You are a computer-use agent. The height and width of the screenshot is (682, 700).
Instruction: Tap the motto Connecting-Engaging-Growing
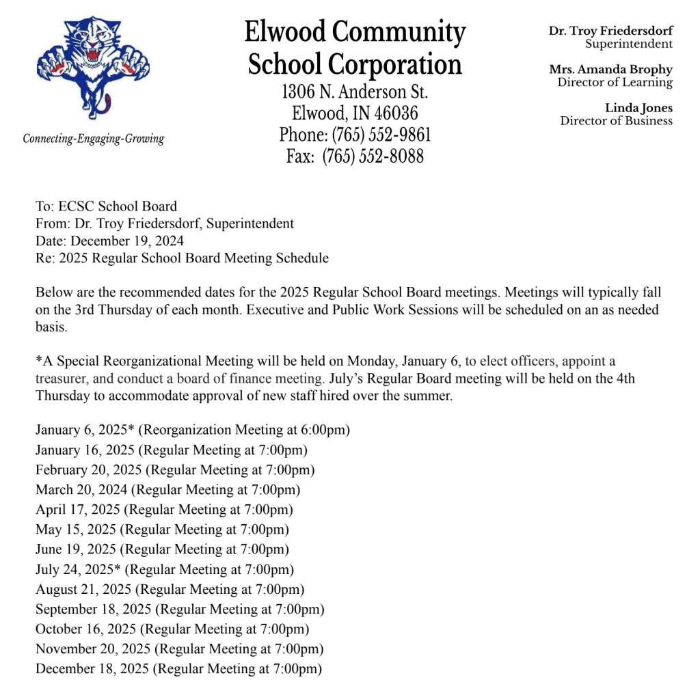click(94, 139)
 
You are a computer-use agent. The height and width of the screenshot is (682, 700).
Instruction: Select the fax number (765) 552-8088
click(373, 156)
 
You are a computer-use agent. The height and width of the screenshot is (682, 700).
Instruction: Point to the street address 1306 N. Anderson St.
click(355, 92)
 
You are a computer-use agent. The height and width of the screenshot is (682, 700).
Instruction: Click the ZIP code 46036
click(394, 113)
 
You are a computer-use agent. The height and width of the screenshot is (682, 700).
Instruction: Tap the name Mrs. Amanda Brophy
click(610, 70)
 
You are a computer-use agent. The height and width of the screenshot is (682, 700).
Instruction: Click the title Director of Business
click(616, 121)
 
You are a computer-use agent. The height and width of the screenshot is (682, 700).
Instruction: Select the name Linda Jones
click(638, 108)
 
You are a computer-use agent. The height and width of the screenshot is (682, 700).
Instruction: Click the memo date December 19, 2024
click(127, 241)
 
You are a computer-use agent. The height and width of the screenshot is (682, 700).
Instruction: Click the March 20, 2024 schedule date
click(82, 490)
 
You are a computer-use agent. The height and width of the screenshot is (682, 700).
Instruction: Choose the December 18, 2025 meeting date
click(92, 668)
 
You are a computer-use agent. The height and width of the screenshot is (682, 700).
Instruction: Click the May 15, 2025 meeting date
click(76, 530)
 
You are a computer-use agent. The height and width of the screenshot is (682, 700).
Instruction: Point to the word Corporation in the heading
click(394, 66)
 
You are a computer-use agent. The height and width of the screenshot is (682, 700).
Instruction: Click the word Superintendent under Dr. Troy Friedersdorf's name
click(628, 44)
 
